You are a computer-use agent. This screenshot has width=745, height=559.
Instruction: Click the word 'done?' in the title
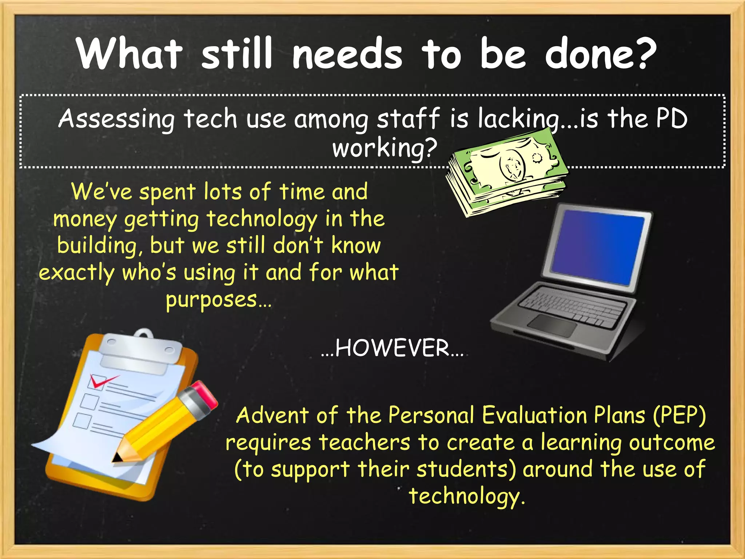tap(600, 54)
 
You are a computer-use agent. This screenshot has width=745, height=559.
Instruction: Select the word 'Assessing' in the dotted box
tap(116, 119)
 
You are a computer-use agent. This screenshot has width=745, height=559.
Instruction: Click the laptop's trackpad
tap(552, 325)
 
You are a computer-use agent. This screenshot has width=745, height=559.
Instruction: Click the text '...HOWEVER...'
tap(392, 348)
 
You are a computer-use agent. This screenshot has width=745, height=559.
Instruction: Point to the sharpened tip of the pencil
tap(117, 458)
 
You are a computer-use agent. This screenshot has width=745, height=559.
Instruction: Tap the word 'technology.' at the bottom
tap(467, 496)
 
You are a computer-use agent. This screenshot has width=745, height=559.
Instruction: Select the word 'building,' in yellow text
tap(96, 246)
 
